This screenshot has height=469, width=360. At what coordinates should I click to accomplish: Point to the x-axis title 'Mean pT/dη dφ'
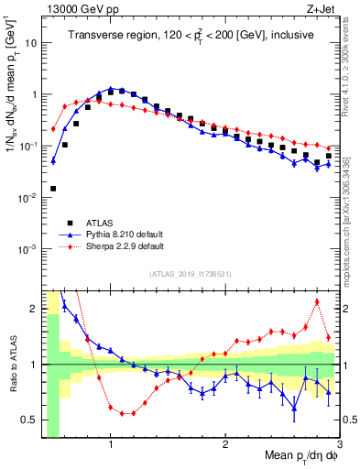point(291,455)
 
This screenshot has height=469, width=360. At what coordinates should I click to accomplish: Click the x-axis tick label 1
point(111,445)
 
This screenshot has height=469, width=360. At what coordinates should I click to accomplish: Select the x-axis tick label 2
point(225,445)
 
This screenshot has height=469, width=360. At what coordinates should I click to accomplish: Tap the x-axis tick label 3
point(339,445)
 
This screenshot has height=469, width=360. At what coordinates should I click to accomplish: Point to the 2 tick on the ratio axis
point(34,309)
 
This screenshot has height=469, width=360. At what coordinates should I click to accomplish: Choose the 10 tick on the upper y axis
point(29,43)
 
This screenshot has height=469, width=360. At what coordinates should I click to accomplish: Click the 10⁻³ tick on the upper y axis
point(27,249)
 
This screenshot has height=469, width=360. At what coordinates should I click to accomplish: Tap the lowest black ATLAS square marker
point(53,189)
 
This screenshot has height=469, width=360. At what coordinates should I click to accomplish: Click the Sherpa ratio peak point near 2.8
point(317,301)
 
